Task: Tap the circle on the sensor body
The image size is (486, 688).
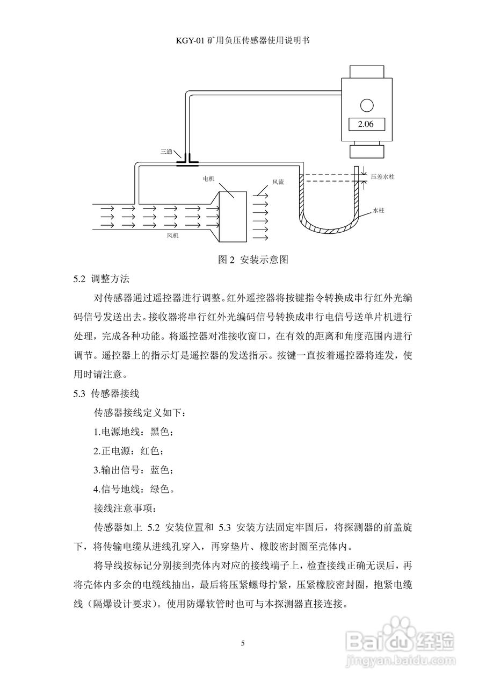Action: pos(366,104)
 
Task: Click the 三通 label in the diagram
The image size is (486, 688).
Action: pos(166,152)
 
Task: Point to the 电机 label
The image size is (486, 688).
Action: pos(209,178)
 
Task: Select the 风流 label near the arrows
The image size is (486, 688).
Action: pos(278,182)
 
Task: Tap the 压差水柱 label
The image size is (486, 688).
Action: pos(383,176)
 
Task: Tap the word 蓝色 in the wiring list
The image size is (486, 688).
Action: pos(161,470)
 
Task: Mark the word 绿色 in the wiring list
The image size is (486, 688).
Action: pos(161,489)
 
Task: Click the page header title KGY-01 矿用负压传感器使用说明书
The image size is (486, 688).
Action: pos(243,40)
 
